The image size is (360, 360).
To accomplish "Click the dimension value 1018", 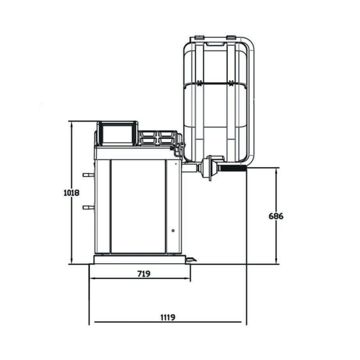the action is click(72, 193).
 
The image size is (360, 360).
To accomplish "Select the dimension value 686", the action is click(276, 216).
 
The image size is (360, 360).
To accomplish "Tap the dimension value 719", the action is click(144, 274).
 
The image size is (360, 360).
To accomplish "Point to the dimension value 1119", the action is click(168, 317).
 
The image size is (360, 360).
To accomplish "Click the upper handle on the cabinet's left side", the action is click(88, 175).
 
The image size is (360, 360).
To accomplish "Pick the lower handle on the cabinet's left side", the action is click(88, 207).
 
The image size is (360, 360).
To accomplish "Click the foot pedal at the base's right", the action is click(191, 260).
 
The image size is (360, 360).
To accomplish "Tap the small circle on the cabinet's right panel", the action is click(173, 230).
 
